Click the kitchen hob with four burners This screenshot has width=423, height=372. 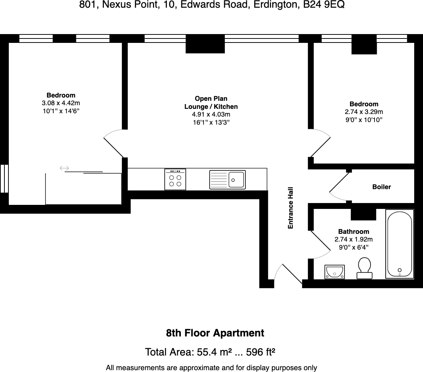click(175, 179)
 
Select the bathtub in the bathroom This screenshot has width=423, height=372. click(400, 244)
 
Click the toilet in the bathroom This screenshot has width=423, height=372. click(364, 268)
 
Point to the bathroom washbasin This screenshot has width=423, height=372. click(335, 272)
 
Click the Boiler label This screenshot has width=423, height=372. click(382, 187)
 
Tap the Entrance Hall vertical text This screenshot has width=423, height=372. click(291, 208)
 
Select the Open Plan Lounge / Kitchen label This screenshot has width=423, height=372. click(211, 103)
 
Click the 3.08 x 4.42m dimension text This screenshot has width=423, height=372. click(61, 103)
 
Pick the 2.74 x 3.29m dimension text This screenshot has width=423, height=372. click(364, 112)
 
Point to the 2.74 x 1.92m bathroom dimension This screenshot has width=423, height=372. click(354, 239)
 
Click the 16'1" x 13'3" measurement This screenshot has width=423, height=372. click(211, 122)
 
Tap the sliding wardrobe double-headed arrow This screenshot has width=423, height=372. click(64, 168)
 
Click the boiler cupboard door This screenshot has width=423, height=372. click(339, 187)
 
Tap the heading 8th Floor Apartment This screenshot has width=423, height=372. click(215, 333)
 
